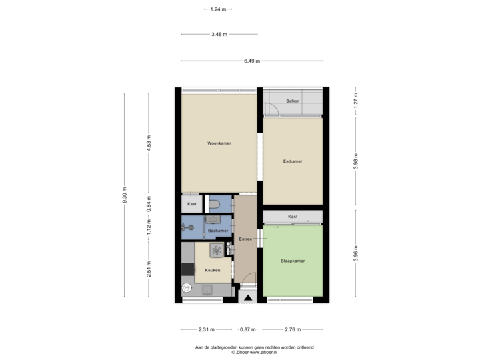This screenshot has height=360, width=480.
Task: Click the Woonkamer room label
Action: coord(219,143)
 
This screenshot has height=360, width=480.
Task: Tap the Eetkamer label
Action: coord(293,161)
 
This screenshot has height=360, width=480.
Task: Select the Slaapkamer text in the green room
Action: coord(293,261)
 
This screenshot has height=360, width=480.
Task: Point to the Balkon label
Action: coord(293,101)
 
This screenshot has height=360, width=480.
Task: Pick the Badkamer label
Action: coord(217,231)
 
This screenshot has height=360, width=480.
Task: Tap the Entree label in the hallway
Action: coord(245,238)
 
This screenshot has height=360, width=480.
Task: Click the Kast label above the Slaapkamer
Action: coord(293,217)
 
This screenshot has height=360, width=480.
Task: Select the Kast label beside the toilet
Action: coord(191,203)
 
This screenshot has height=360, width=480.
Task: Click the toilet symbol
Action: coord(213,203)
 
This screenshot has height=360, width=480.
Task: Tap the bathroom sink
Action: coord(213,218)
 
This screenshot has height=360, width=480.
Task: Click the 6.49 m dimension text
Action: coord(251,61)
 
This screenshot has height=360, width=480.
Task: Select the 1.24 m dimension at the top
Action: coord(217,9)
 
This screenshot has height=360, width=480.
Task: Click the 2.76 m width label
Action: coord(293,329)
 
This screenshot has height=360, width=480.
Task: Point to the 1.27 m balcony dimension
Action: coord(355,101)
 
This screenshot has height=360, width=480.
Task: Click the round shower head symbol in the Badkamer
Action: coord(184,227)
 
